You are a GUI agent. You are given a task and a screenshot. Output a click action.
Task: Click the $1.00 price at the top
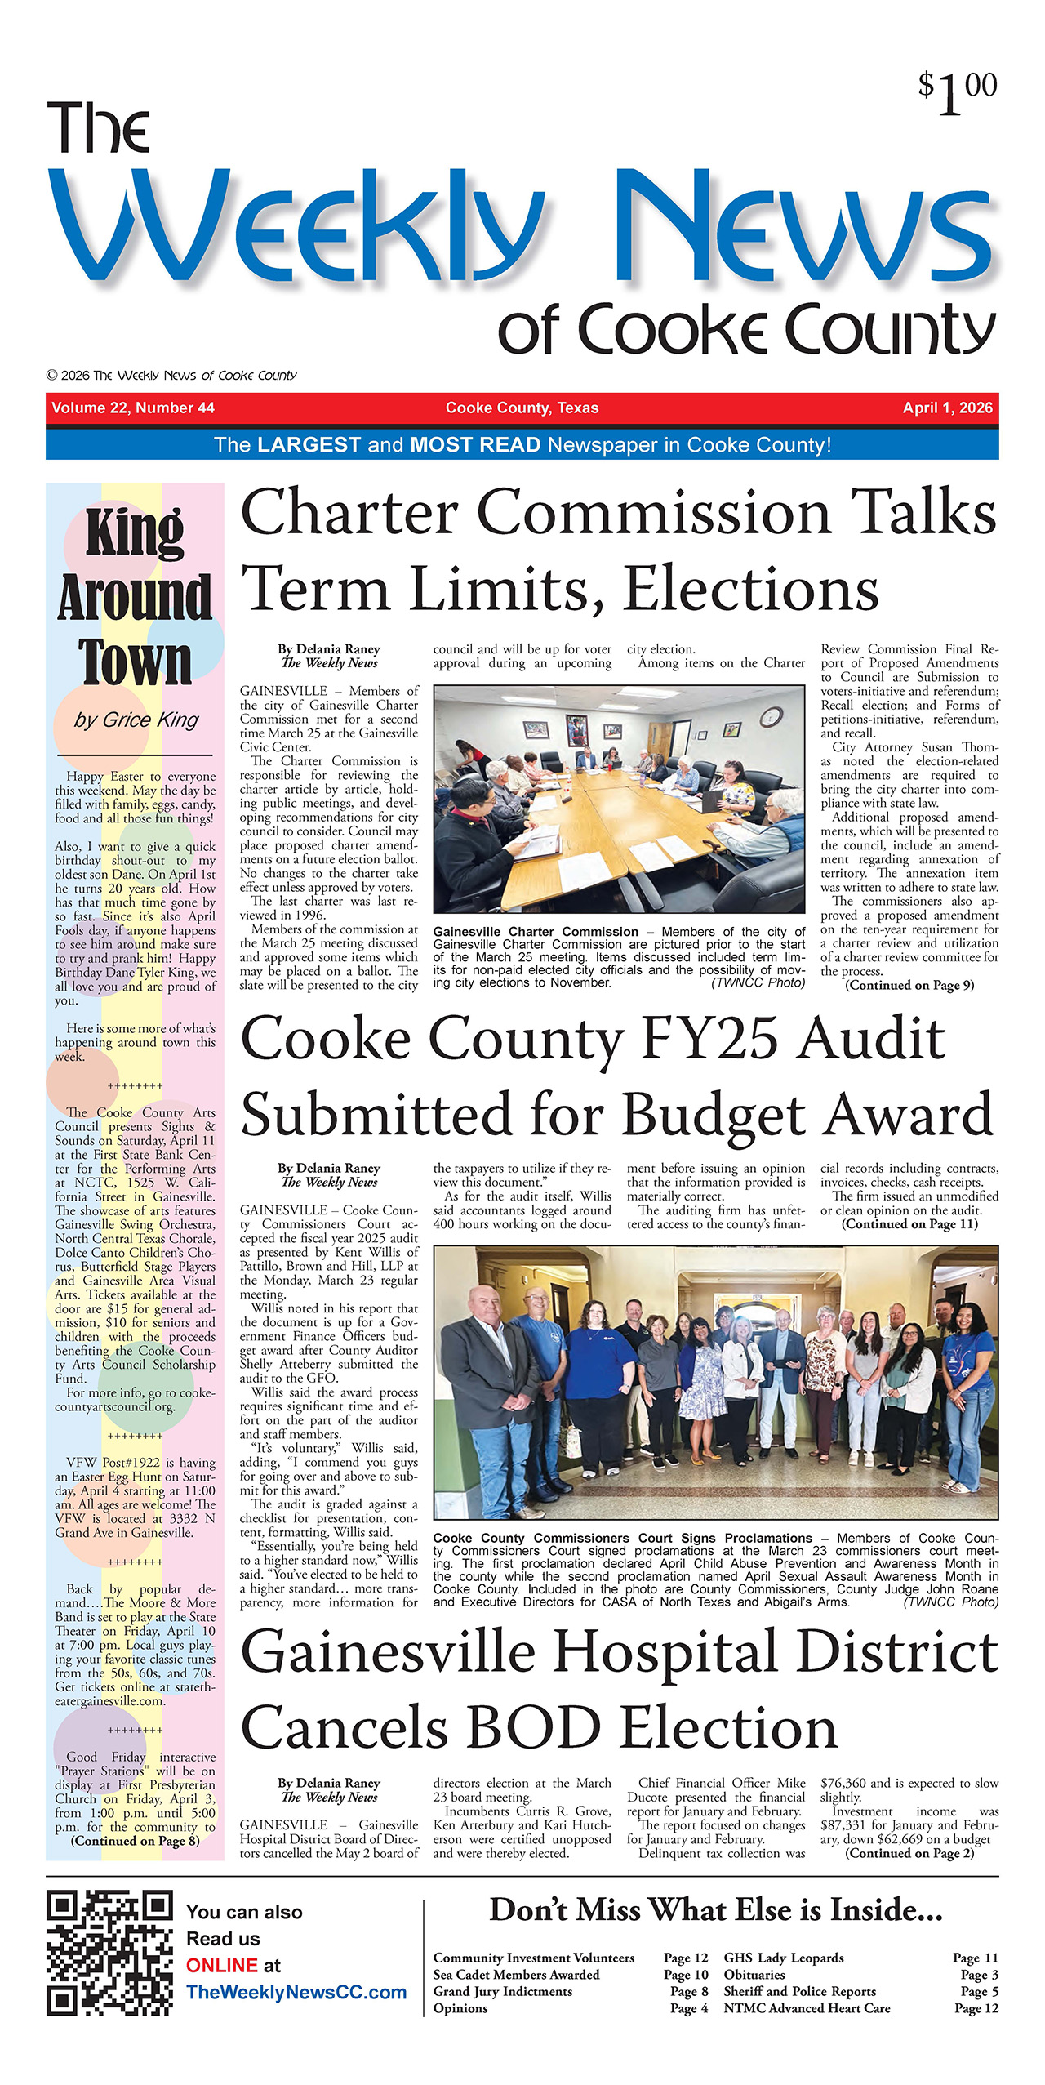tap(957, 92)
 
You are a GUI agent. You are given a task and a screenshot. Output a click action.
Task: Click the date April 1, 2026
tap(947, 408)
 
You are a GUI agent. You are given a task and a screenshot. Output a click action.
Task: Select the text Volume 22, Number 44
tap(133, 408)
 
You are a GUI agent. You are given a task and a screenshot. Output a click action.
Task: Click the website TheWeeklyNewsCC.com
tap(296, 1992)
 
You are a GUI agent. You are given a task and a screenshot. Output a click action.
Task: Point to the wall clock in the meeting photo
tap(770, 717)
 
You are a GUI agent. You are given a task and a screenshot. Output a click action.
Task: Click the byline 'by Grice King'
tap(136, 720)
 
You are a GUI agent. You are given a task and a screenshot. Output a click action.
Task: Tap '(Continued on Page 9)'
tap(909, 985)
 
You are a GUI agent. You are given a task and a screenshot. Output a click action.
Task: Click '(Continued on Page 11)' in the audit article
tap(909, 1223)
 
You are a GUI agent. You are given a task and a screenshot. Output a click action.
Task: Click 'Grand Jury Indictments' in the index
tap(502, 1991)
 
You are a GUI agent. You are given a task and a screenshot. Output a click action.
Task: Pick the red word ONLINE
tap(222, 1965)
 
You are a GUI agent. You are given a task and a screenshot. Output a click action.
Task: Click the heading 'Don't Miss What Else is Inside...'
tap(715, 1909)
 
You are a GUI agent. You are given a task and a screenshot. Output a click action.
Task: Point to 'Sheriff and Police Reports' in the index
tap(799, 1991)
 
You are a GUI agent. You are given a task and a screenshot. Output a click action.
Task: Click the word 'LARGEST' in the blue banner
tap(309, 445)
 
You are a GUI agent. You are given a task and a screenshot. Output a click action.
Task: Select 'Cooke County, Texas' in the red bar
tap(522, 408)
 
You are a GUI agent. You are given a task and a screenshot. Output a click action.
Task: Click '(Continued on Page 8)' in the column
tap(135, 1840)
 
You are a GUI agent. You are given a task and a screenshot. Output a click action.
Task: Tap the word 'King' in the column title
tap(135, 532)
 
